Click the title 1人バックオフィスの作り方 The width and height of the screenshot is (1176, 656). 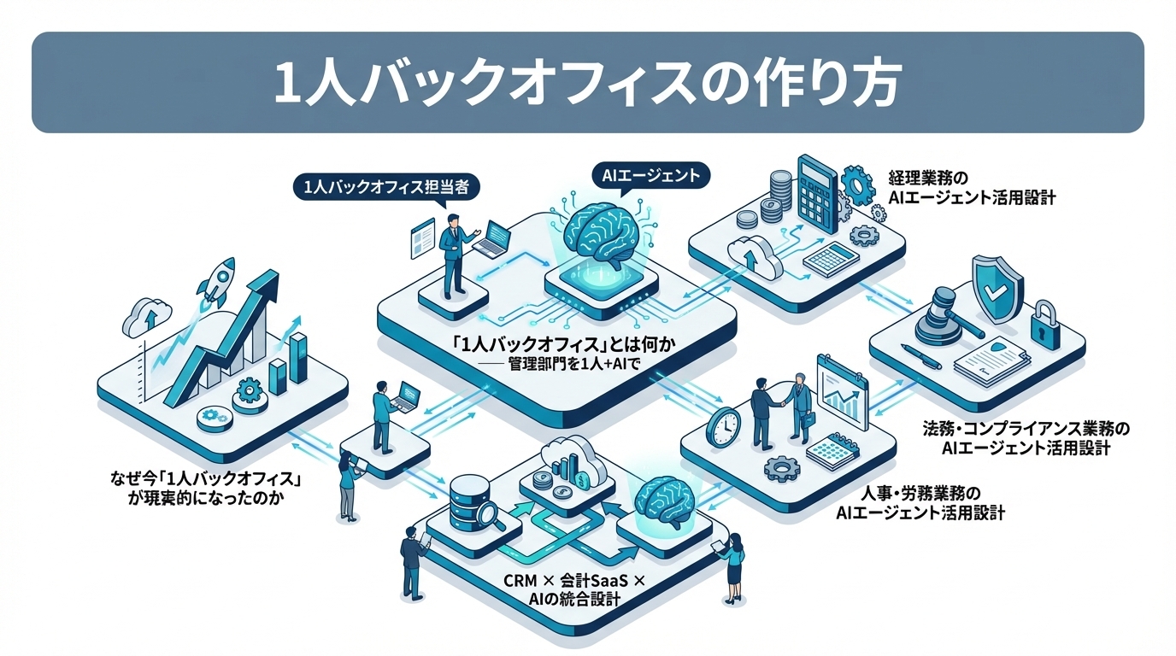pos(587,84)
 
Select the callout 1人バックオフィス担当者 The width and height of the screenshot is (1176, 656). pos(386,187)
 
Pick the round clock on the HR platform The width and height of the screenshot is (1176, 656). pos(723,426)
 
